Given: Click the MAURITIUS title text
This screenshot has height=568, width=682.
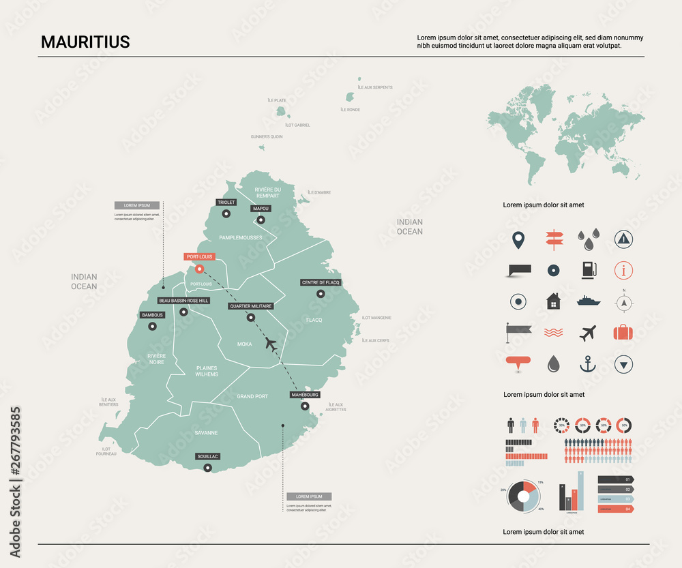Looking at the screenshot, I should (85, 42).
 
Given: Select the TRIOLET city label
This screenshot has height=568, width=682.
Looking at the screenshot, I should (226, 203).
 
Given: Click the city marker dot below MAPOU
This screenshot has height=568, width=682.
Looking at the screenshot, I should (261, 220).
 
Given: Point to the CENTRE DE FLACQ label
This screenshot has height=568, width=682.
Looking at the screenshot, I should (321, 282).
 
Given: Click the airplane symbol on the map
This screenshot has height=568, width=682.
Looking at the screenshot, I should (271, 344).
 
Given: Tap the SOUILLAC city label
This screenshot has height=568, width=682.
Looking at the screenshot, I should (207, 456).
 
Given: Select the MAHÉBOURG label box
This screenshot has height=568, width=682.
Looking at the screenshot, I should (304, 395).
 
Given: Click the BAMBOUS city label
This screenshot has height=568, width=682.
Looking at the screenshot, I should (152, 315).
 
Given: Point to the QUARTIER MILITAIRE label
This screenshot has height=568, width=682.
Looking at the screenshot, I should (251, 306).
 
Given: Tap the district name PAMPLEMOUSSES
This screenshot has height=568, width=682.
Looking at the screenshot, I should (240, 237).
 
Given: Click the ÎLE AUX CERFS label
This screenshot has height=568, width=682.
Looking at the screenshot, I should (375, 340).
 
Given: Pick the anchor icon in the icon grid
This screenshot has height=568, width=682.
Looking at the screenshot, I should (587, 364).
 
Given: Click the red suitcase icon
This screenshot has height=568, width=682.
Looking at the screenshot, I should (623, 332).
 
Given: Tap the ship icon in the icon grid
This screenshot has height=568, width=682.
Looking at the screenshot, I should (588, 300).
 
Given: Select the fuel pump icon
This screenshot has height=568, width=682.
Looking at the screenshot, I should (588, 269).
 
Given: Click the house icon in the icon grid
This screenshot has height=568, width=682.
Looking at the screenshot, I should (552, 301).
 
